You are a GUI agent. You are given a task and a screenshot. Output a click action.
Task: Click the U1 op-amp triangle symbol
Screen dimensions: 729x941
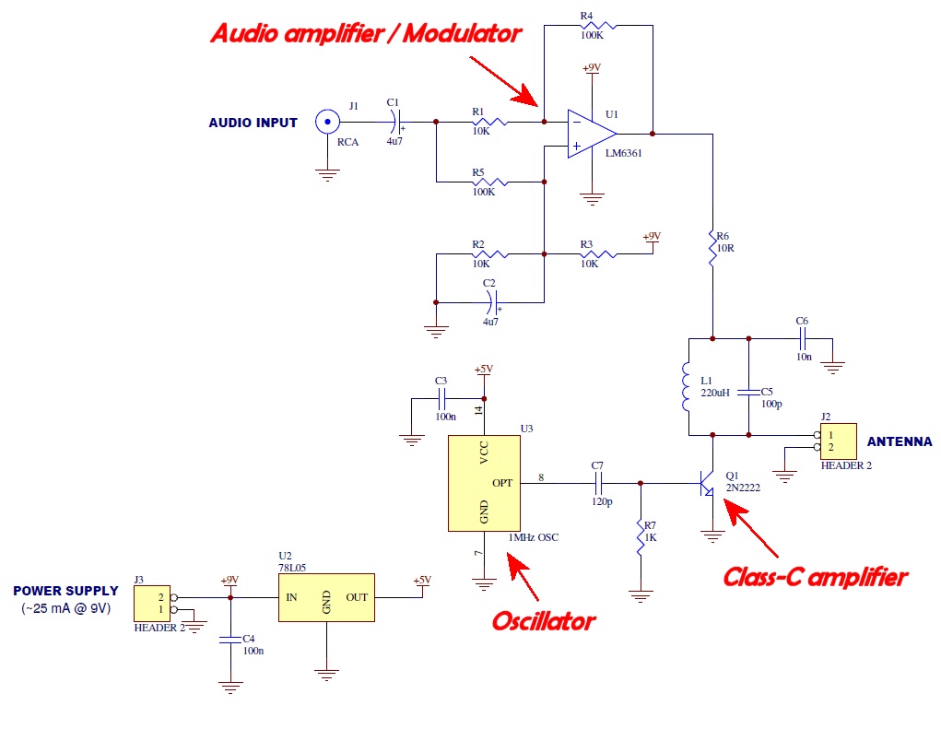591,133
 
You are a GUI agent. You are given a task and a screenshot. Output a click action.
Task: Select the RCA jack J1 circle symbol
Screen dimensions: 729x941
325,122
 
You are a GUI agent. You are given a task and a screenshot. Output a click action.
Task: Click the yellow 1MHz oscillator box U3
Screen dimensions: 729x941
484,483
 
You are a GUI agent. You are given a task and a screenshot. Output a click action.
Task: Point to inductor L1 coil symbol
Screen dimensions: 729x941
688,387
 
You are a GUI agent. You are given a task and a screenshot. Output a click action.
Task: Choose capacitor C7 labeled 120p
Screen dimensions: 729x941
597,483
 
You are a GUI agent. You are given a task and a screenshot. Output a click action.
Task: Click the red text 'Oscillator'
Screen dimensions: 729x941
543,620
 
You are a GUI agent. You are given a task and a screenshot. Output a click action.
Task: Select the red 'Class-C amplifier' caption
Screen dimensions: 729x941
815,578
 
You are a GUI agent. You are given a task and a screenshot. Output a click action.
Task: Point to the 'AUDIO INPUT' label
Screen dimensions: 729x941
253,123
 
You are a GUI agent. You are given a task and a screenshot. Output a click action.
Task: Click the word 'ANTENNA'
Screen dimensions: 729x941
899,441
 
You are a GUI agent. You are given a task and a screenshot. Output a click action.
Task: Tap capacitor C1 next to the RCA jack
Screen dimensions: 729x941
394,121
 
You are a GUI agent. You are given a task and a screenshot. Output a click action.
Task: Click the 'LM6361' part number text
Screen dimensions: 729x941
624,154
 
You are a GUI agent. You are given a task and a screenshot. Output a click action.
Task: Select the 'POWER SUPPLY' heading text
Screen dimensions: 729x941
65,591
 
